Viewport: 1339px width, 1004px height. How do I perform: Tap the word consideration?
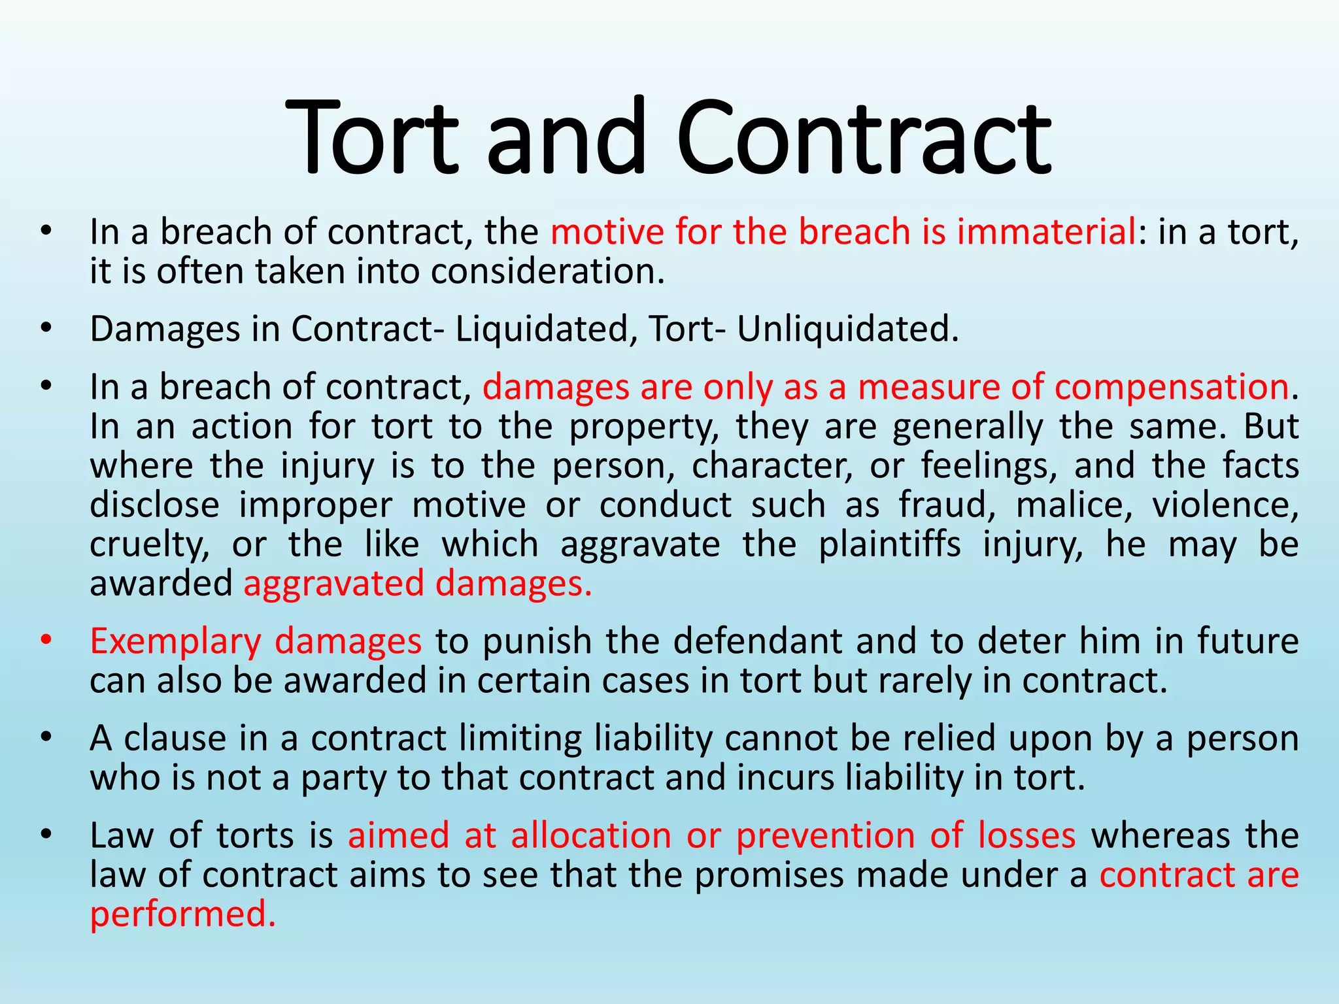[547, 271]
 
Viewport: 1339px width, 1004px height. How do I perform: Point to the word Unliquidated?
[847, 329]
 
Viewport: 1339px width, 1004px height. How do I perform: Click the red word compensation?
[1171, 387]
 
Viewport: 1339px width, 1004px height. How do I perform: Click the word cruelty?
[150, 545]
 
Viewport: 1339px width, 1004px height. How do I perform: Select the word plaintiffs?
[889, 544]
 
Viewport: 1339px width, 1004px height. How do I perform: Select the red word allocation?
[591, 835]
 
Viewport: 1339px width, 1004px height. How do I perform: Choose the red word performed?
[182, 914]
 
